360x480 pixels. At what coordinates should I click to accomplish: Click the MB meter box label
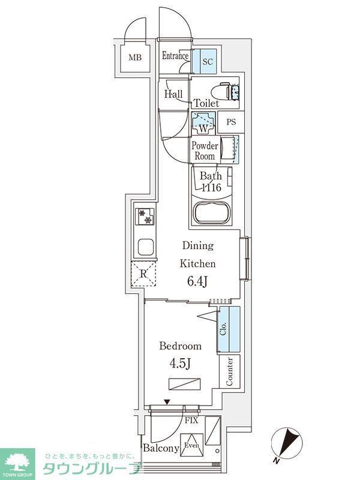(x=135, y=57)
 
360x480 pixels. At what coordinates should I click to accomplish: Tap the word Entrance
(x=175, y=56)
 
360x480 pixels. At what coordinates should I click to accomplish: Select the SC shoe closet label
(x=208, y=62)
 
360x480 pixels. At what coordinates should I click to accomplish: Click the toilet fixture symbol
(x=229, y=91)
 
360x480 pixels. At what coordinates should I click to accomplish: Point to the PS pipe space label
(x=232, y=122)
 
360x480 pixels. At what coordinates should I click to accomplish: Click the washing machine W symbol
(x=203, y=123)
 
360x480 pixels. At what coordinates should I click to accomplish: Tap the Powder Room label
(x=205, y=151)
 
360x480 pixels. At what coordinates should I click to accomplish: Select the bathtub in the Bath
(x=212, y=213)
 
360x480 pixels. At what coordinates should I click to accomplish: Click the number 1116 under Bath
(x=211, y=187)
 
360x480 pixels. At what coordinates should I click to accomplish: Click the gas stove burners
(x=145, y=216)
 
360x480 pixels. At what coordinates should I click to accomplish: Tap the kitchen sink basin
(x=145, y=247)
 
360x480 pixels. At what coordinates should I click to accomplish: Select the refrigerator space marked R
(x=143, y=274)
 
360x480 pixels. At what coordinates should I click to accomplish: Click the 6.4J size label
(x=197, y=281)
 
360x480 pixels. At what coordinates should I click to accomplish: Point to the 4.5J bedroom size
(x=181, y=364)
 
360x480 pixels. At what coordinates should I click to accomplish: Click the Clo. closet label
(x=223, y=328)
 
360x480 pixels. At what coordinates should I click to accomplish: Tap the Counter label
(x=229, y=371)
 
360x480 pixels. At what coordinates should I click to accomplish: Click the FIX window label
(x=191, y=421)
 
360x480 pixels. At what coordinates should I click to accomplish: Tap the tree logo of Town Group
(x=17, y=460)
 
